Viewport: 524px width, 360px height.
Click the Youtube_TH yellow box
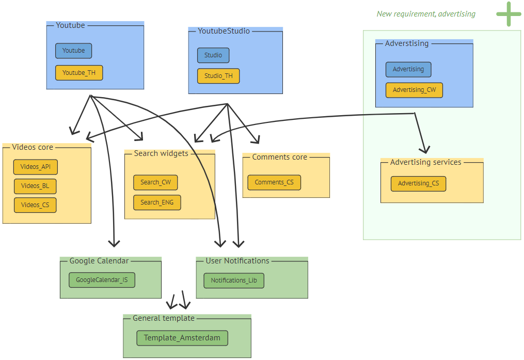(79, 73)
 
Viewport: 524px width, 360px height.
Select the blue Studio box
(213, 55)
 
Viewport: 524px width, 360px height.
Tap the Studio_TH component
(218, 76)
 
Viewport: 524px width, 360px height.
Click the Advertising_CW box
(414, 90)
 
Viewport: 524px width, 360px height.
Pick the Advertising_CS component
(418, 183)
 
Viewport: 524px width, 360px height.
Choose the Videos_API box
(36, 167)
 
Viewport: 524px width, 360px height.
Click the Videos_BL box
(35, 186)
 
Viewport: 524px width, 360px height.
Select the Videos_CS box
(35, 205)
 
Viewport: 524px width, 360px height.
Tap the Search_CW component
(155, 182)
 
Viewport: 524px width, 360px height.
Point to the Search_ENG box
(157, 202)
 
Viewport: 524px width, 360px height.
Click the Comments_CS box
(274, 182)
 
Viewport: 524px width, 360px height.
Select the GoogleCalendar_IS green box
(102, 280)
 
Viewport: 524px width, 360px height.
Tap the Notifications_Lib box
(234, 280)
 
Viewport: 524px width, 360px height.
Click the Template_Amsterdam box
(182, 338)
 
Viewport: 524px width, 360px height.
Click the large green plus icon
(509, 14)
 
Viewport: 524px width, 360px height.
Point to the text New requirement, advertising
(426, 14)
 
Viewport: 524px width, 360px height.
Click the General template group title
(163, 318)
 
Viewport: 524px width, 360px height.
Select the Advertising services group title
(425, 162)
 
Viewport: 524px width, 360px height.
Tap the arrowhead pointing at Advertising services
(424, 150)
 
